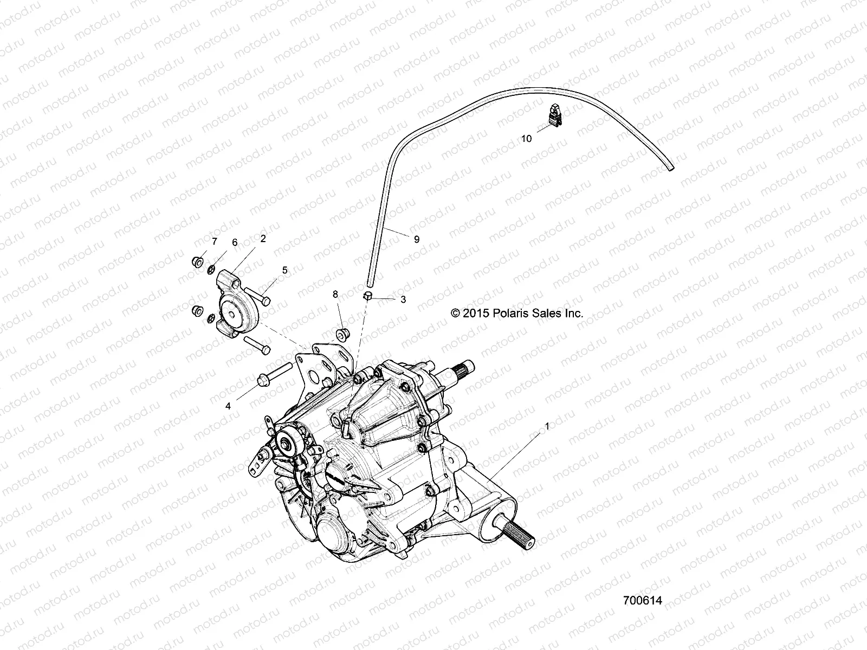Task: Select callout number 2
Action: [x=263, y=238]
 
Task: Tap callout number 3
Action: [x=403, y=299]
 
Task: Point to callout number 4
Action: [x=228, y=406]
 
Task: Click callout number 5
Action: [x=284, y=269]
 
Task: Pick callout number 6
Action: [x=235, y=242]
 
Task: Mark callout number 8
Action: [x=335, y=294]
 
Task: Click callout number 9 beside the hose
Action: [x=416, y=239]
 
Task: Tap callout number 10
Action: [x=526, y=138]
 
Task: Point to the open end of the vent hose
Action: [x=671, y=170]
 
